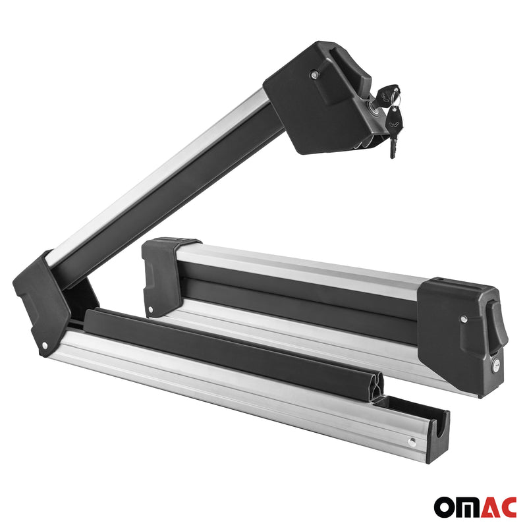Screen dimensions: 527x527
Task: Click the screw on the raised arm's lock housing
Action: point(314,76)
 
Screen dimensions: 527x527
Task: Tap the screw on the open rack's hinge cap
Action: point(44,345)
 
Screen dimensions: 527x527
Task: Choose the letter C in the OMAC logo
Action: point(508,507)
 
